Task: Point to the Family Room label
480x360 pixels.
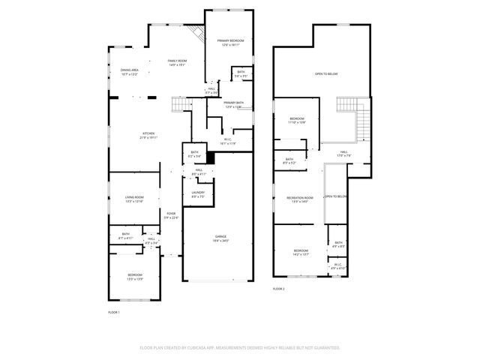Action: point(177,62)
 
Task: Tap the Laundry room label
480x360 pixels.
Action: point(198,194)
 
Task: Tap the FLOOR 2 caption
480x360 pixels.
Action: point(278,288)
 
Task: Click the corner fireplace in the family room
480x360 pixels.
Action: point(197,34)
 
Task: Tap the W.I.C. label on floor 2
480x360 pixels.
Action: point(337,265)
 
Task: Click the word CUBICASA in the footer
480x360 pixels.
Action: point(198,348)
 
